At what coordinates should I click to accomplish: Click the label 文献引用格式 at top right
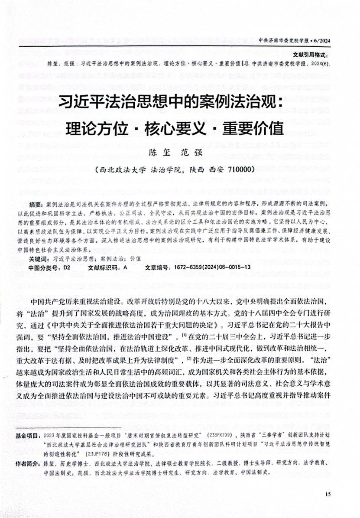pos(311,55)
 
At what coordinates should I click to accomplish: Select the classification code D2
pos(66,268)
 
